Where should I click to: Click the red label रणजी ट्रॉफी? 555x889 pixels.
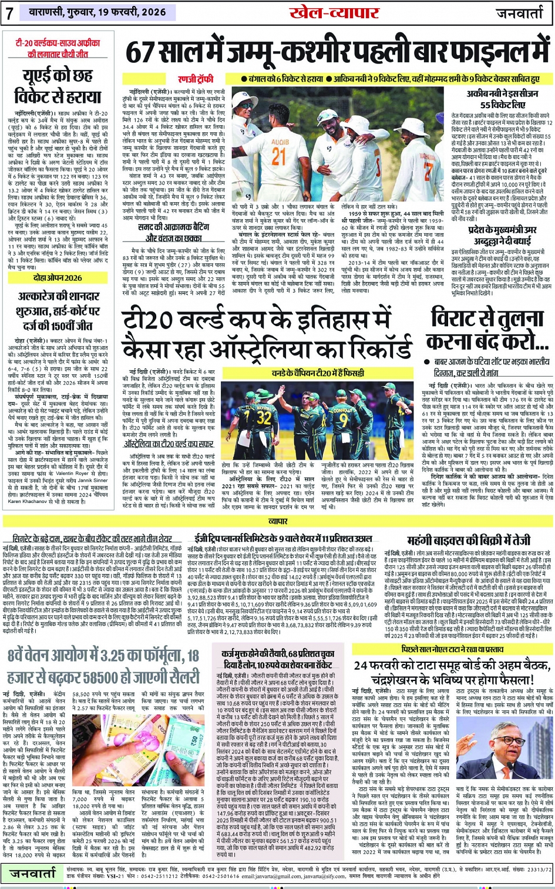click(x=196, y=79)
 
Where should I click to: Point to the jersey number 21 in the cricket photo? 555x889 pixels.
click(x=278, y=156)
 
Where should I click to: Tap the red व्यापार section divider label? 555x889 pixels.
click(x=277, y=521)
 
